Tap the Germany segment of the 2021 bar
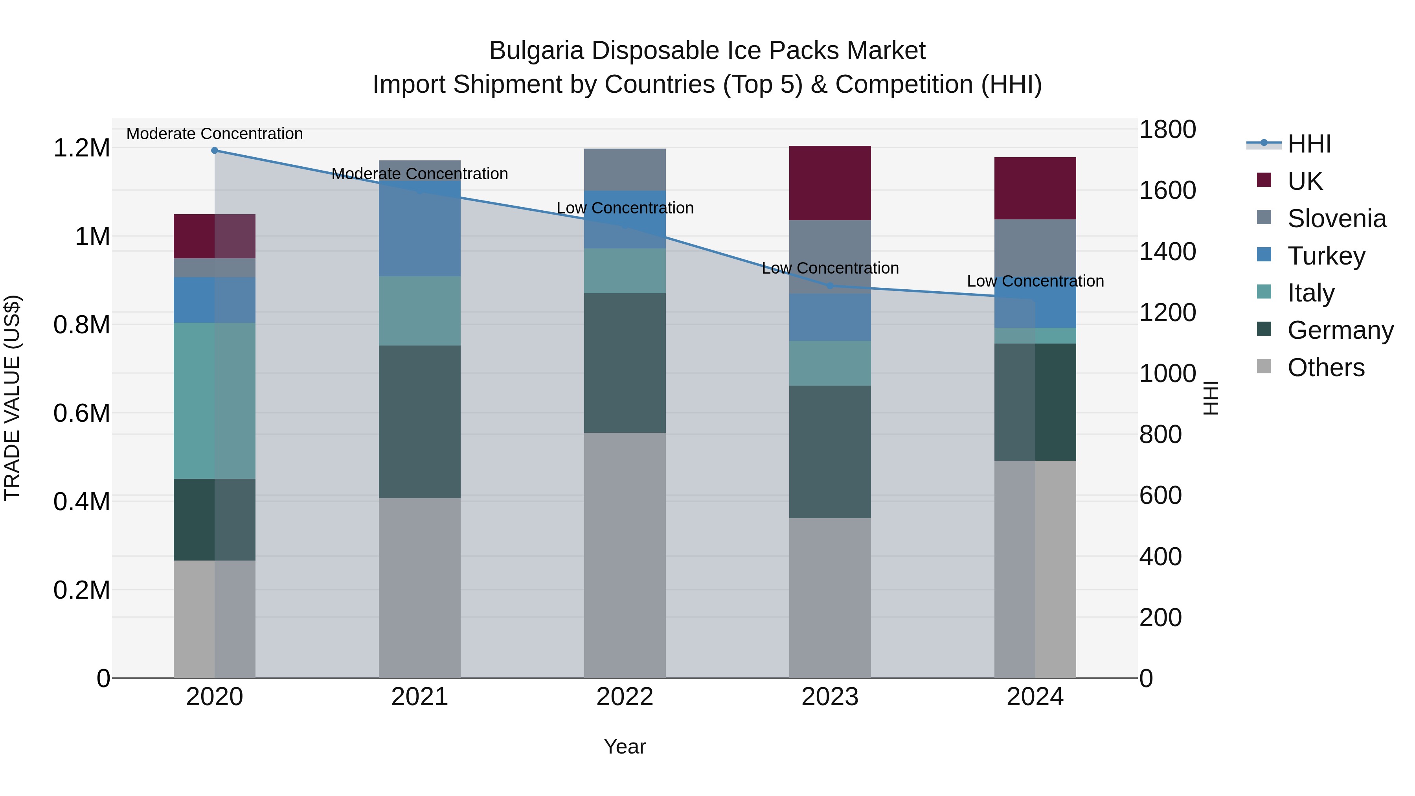pyautogui.click(x=420, y=421)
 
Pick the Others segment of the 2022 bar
pyautogui.click(x=625, y=555)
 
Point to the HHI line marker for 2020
pyautogui.click(x=215, y=151)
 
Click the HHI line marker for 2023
pyautogui.click(x=830, y=286)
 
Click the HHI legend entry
pyautogui.click(x=1308, y=144)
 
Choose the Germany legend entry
pyautogui.click(x=1340, y=330)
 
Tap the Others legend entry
pyautogui.click(x=1325, y=368)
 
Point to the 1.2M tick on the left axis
pyautogui.click(x=81, y=148)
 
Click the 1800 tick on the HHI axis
pyautogui.click(x=1167, y=130)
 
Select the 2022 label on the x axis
pyautogui.click(x=625, y=697)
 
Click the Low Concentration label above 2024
pyautogui.click(x=1035, y=281)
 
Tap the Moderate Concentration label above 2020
pyautogui.click(x=215, y=134)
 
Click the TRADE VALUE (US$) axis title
pyautogui.click(x=12, y=398)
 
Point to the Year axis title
pyautogui.click(x=625, y=746)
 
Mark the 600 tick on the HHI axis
pyautogui.click(x=1160, y=496)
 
